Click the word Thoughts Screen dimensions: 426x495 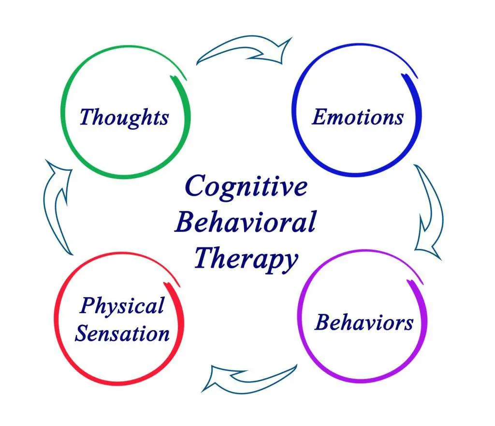tap(124, 117)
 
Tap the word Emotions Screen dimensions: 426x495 tap(358, 117)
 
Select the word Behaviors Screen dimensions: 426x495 tap(364, 322)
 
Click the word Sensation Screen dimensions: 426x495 tap(123, 334)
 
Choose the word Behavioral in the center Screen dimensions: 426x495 tap(245, 223)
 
